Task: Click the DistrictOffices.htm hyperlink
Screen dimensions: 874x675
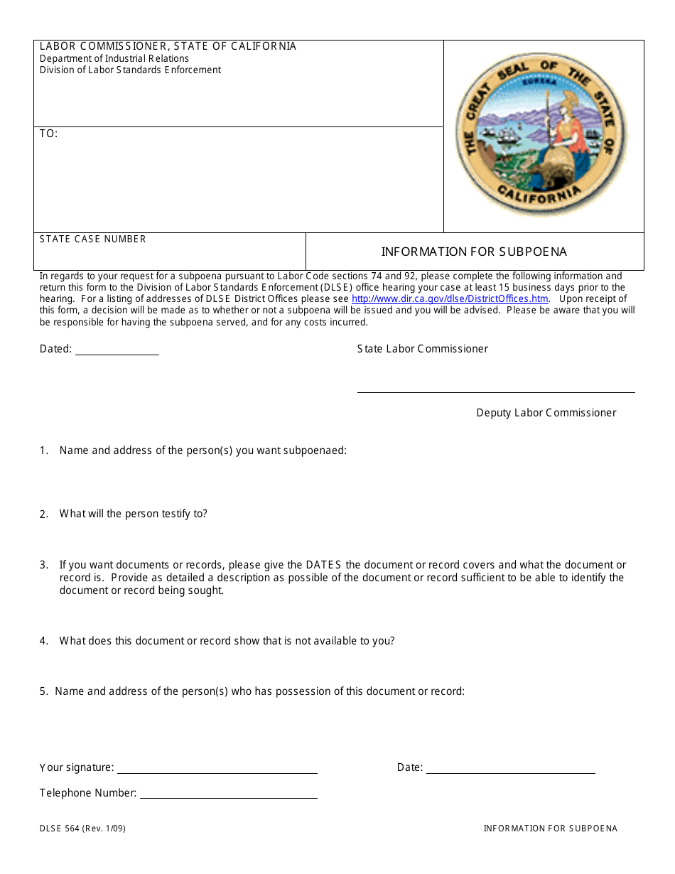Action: (x=450, y=299)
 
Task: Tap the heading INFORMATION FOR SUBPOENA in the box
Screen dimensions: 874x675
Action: (x=474, y=252)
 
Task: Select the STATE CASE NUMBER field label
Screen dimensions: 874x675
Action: (x=92, y=239)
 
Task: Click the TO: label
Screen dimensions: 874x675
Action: (x=48, y=134)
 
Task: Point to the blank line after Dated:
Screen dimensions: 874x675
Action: (x=117, y=350)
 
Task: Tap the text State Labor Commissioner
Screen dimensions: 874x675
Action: (x=422, y=349)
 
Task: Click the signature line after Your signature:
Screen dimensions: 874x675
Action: (x=217, y=769)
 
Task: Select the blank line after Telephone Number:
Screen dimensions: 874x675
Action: (x=228, y=794)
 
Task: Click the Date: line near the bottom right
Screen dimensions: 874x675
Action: (x=510, y=769)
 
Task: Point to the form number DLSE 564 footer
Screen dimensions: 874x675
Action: (x=82, y=829)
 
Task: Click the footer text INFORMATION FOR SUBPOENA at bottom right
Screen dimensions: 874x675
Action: (x=550, y=829)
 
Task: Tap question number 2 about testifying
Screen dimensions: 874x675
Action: (x=133, y=514)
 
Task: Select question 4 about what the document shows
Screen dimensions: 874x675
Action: (x=227, y=641)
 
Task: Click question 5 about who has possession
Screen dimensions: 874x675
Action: (x=259, y=691)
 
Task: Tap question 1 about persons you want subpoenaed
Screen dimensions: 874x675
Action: (x=202, y=451)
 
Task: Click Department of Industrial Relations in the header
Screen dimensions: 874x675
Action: (x=114, y=58)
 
